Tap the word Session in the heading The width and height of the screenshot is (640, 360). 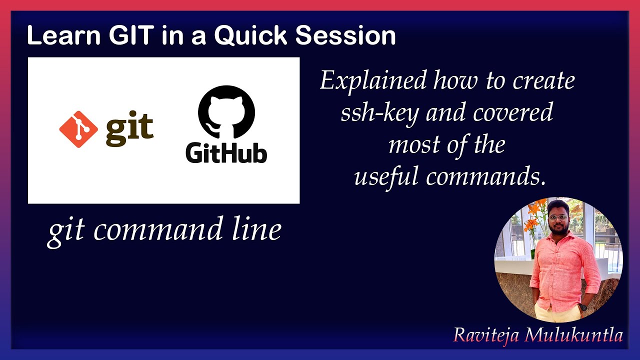tap(345, 36)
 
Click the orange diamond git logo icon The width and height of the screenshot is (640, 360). tap(78, 129)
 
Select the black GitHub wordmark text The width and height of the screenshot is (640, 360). tap(226, 152)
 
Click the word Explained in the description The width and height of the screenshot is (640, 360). tap(373, 81)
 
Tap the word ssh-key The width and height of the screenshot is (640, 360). tap(380, 113)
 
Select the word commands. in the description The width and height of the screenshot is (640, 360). tap(485, 177)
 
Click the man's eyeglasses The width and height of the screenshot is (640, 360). tap(557, 218)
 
